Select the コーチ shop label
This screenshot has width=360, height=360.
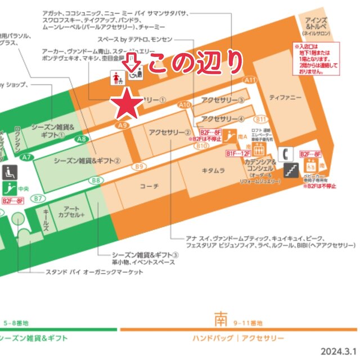[x=149, y=186]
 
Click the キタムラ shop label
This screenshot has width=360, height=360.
[x=214, y=169]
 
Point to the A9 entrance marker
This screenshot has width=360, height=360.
[x=123, y=125]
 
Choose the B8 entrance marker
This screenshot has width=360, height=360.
[x=96, y=181]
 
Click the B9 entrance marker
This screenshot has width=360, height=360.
[x=139, y=166]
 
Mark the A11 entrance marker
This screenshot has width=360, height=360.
[x=250, y=81]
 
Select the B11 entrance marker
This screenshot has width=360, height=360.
[x=260, y=119]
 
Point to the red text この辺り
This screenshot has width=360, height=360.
[x=195, y=65]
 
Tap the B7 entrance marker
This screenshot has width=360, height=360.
[x=38, y=199]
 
